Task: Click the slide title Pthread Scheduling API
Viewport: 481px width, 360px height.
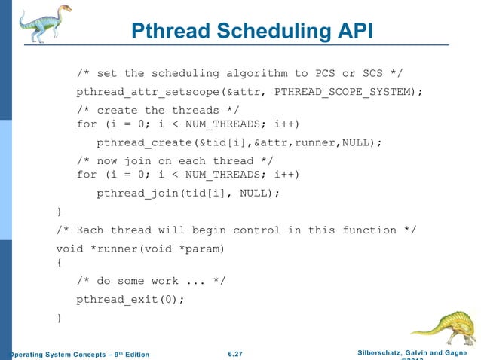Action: pyautogui.click(x=253, y=31)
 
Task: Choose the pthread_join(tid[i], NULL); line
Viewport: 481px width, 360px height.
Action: pyautogui.click(x=188, y=193)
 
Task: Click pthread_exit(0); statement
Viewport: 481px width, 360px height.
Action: pyautogui.click(x=130, y=299)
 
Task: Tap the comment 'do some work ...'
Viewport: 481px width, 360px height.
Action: pyautogui.click(x=151, y=281)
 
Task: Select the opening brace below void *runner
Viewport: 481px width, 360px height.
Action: pyautogui.click(x=60, y=264)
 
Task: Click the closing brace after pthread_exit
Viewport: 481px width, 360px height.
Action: pyautogui.click(x=60, y=318)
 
